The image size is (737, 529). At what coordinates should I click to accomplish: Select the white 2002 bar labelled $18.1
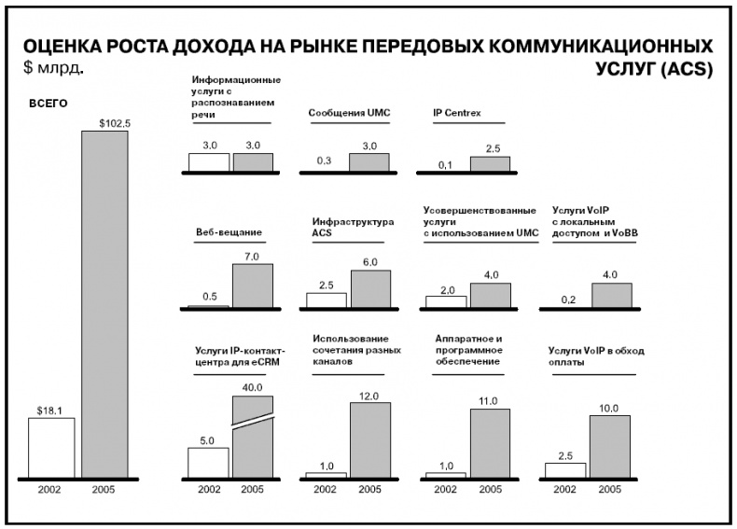coord(51,448)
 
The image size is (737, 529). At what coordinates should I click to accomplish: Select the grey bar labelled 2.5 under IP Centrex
coord(490,164)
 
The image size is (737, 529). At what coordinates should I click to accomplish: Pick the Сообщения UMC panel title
coord(349,113)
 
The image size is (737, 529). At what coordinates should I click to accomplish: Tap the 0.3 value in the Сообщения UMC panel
coord(325,160)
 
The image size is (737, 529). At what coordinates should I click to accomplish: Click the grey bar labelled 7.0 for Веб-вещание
coord(253,285)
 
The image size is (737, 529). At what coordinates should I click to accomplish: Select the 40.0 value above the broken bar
coord(253,386)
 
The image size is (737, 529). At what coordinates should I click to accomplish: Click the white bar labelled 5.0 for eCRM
coord(209,462)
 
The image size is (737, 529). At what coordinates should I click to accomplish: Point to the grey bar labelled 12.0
coord(370,439)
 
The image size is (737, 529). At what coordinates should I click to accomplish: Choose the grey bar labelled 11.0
coord(490,443)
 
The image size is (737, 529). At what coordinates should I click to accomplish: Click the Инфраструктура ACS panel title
coord(339,228)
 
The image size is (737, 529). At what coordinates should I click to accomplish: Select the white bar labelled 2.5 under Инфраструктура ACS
coord(327,299)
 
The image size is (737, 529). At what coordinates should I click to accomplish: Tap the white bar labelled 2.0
coord(446,301)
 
